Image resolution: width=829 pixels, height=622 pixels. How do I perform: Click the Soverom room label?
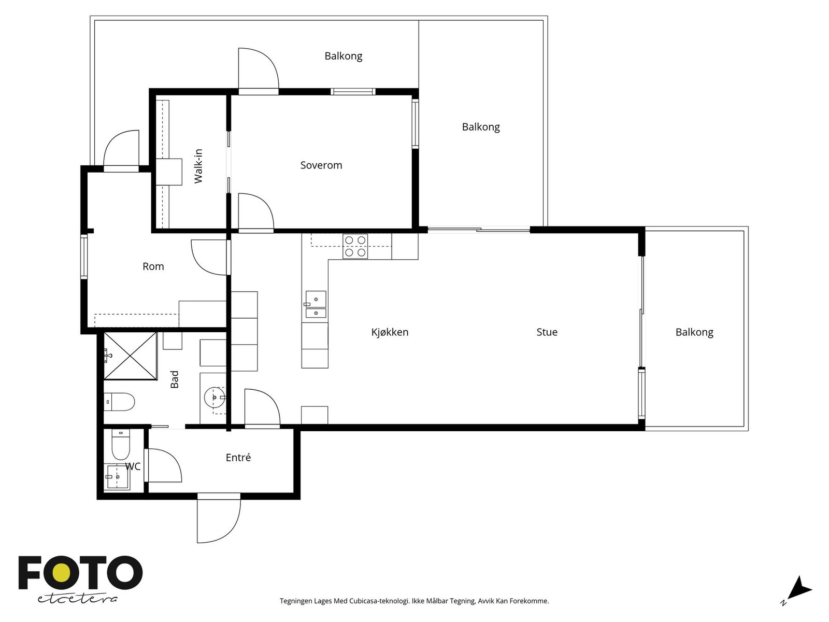(321, 165)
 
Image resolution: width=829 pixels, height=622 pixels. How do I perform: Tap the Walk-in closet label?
(198, 166)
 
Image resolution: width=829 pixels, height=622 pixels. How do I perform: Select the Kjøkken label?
(390, 332)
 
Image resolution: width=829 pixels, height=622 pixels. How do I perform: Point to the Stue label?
(547, 332)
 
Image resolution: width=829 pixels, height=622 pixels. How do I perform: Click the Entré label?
(238, 457)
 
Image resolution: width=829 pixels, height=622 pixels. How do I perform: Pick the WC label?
(133, 466)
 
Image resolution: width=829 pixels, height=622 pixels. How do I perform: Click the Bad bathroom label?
(174, 379)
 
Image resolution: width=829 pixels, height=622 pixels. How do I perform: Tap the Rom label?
(153, 266)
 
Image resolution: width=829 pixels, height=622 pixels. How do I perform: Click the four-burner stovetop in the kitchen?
(355, 246)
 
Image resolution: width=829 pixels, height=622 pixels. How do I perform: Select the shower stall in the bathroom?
(130, 356)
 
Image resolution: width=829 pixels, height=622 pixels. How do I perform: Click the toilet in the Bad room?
(119, 402)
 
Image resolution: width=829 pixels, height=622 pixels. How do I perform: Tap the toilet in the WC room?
(121, 445)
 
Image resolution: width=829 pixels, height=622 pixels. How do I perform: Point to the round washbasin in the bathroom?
(215, 397)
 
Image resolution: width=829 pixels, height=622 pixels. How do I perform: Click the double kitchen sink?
(316, 305)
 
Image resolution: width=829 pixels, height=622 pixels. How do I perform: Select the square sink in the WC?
(117, 476)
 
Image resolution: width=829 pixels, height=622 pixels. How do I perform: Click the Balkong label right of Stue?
(694, 332)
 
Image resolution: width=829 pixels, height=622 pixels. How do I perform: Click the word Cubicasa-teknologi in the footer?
(380, 601)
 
